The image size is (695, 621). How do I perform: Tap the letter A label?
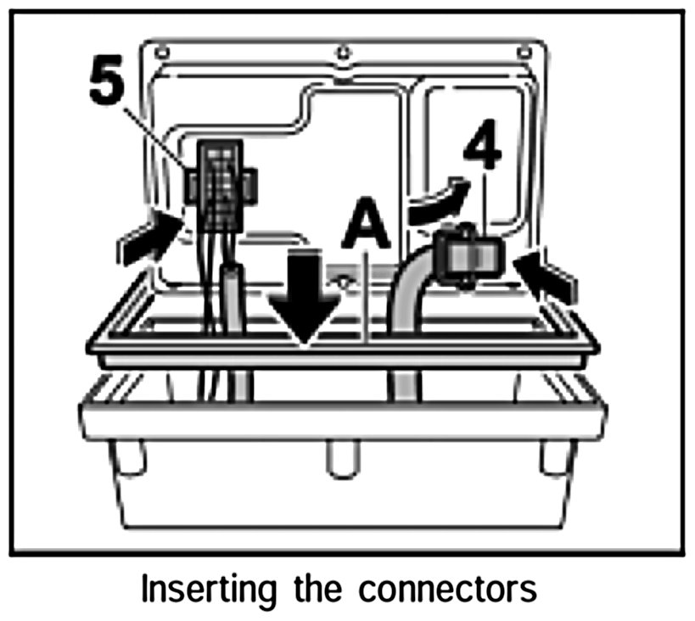click(x=366, y=222)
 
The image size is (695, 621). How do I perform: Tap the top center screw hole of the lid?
click(x=343, y=53)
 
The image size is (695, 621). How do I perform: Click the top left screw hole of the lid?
click(x=162, y=53)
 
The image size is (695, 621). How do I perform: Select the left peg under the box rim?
click(x=127, y=458)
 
